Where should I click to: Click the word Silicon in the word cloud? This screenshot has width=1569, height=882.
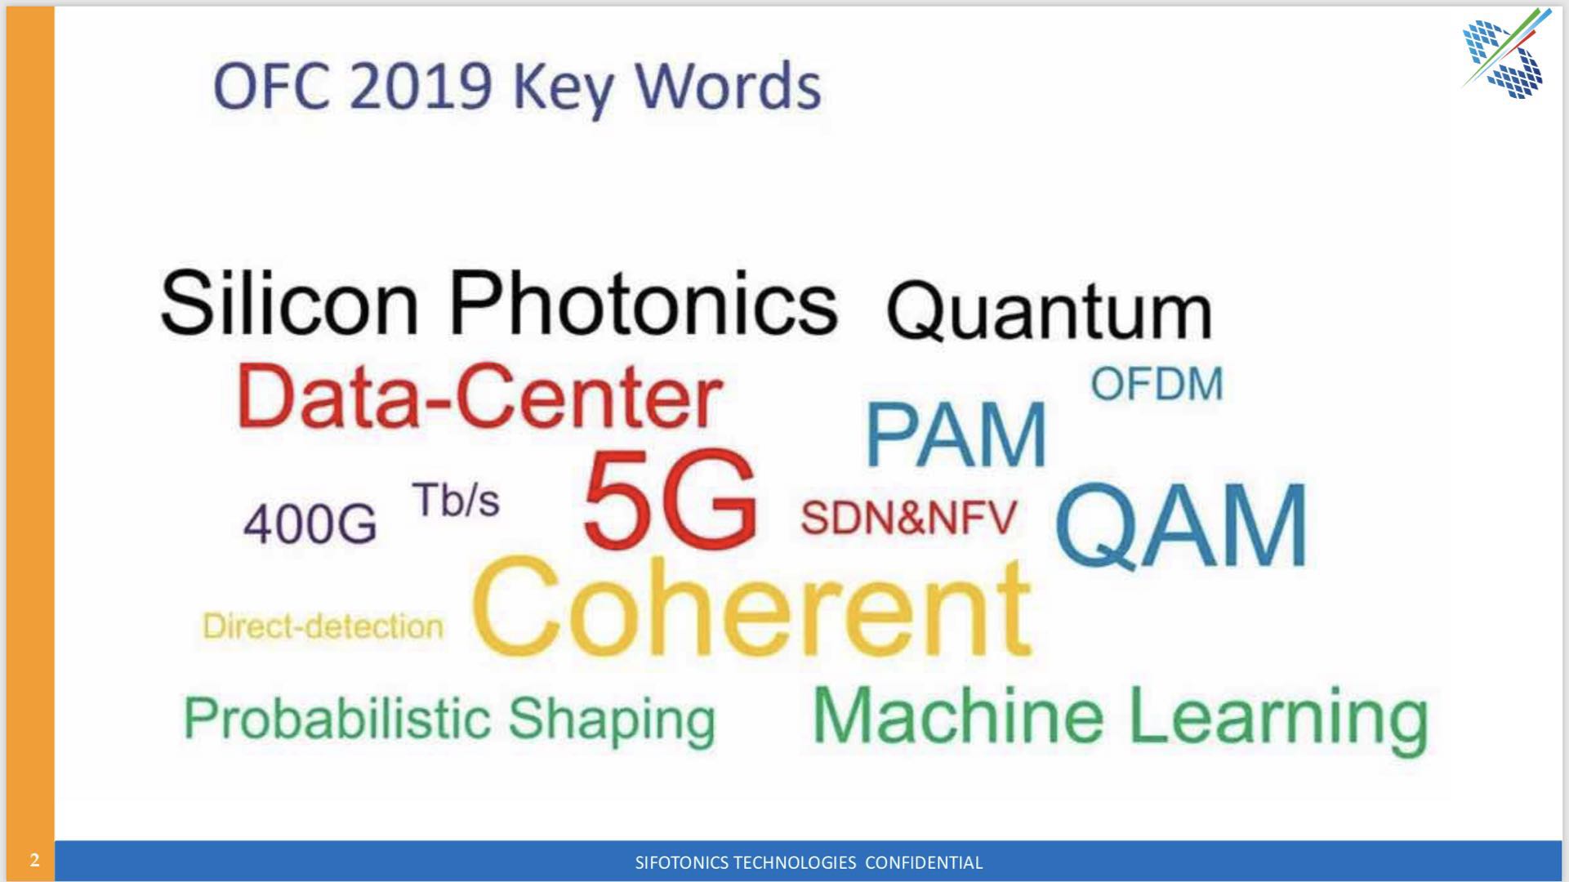pos(289,302)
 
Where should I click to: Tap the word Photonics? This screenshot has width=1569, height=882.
pos(644,302)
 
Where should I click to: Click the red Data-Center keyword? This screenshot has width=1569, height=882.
pos(479,397)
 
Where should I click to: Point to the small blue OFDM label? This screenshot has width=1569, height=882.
pos(1157,384)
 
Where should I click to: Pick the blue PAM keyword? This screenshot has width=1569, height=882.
pos(956,434)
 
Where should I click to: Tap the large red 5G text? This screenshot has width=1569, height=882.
pos(671,498)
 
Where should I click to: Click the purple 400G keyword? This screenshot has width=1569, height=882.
pos(310,523)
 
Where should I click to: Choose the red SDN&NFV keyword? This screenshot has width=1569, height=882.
pos(908,517)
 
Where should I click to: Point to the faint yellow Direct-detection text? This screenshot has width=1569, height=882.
pos(323,626)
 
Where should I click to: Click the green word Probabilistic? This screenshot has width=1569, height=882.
pos(337,719)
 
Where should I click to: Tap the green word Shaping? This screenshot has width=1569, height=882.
pos(612,721)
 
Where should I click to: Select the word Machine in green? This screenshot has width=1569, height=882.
pos(958,715)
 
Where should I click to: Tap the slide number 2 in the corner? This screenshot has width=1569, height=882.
pos(34,861)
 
